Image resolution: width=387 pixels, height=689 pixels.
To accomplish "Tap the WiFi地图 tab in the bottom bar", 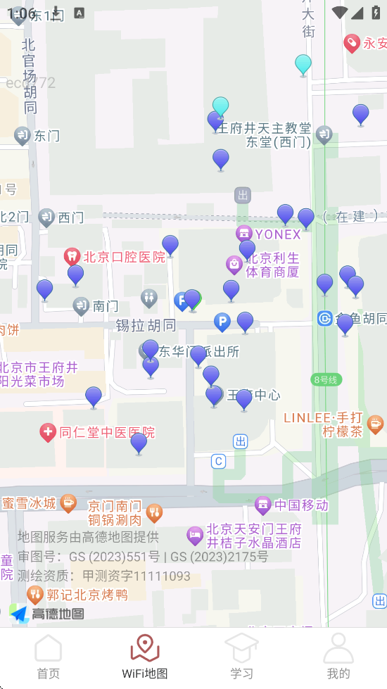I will tap(145, 656).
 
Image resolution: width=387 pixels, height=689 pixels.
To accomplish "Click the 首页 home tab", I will tap(49, 656).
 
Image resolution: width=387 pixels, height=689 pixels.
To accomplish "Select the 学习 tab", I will tap(241, 656).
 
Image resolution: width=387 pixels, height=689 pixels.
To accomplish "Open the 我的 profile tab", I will tap(338, 656).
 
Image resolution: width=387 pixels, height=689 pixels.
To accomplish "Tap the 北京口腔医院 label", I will tap(124, 257).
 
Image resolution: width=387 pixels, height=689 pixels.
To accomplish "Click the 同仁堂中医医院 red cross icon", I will tap(48, 432).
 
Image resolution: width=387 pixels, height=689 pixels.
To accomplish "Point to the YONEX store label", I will tap(277, 234).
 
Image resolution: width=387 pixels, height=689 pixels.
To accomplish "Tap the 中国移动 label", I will tap(301, 505).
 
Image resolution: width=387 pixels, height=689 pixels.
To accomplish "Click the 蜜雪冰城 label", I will tap(29, 502).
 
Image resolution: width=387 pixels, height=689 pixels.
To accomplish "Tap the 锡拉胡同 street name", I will tap(146, 325).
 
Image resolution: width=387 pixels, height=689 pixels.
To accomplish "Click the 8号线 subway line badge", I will tap(326, 379).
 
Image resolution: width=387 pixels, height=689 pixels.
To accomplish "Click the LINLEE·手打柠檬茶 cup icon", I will tap(376, 423).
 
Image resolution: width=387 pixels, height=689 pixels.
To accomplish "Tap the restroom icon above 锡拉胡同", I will tap(148, 298).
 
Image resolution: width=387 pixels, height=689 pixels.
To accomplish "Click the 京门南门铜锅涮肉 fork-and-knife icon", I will tap(155, 512).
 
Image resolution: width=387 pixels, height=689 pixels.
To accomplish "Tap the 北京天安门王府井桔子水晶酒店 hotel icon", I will tap(195, 536).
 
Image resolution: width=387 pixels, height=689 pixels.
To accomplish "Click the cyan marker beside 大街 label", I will tap(303, 64).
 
